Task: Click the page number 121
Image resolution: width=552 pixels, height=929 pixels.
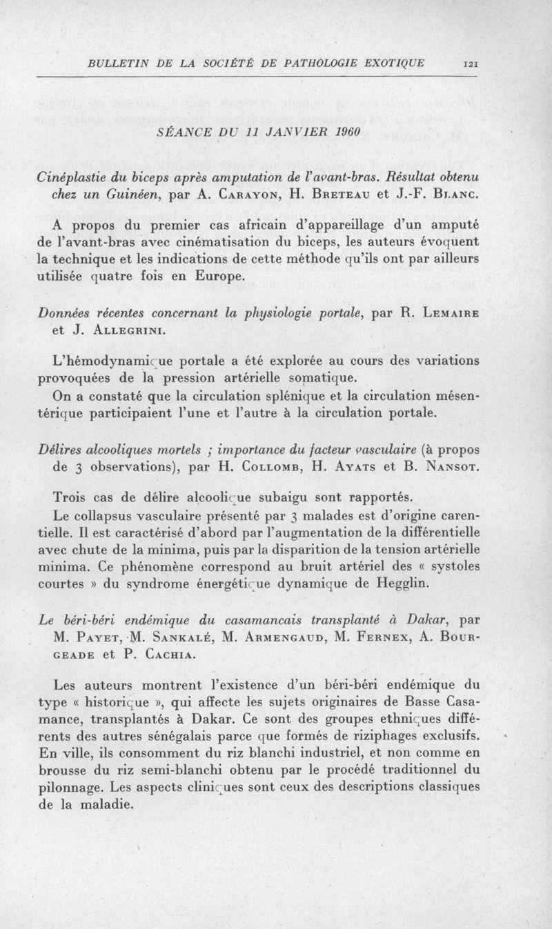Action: coord(472,63)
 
